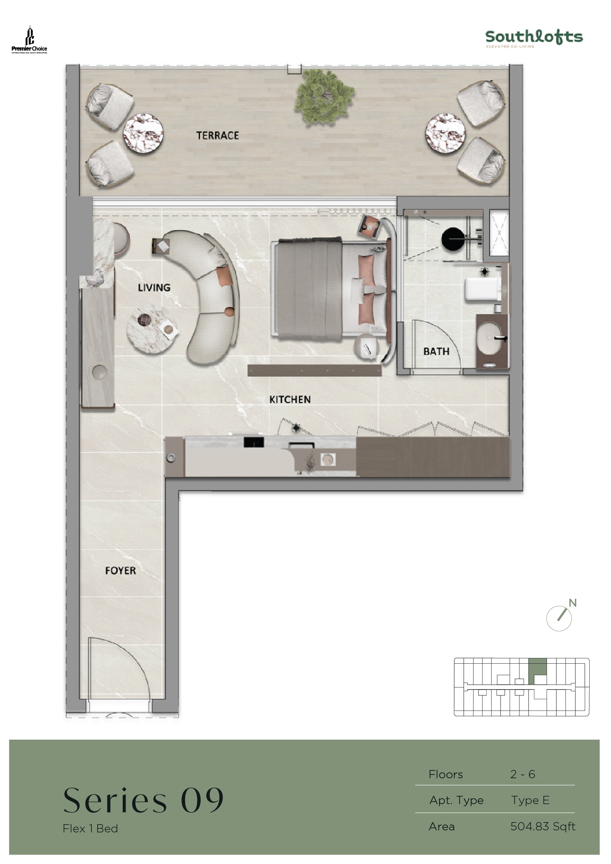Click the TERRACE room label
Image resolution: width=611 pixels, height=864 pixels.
coord(217,135)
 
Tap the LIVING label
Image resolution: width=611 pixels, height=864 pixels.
coord(154,287)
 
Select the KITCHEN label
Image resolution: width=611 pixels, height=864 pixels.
coord(290,399)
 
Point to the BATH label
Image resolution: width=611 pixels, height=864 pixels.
coord(436,351)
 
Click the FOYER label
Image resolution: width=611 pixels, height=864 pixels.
coord(120,570)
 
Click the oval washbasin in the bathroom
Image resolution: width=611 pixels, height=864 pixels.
coord(490,337)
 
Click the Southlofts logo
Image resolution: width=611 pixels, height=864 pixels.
coord(534,38)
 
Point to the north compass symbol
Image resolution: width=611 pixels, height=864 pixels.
coord(560,617)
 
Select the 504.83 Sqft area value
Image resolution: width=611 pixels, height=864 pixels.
coord(542,826)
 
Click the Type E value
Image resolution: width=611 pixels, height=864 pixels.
coord(530,800)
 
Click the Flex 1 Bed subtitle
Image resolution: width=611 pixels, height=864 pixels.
coord(90,828)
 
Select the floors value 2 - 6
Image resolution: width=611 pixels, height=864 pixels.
coord(522,774)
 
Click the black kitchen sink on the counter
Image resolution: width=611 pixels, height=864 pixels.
coord(254,442)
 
